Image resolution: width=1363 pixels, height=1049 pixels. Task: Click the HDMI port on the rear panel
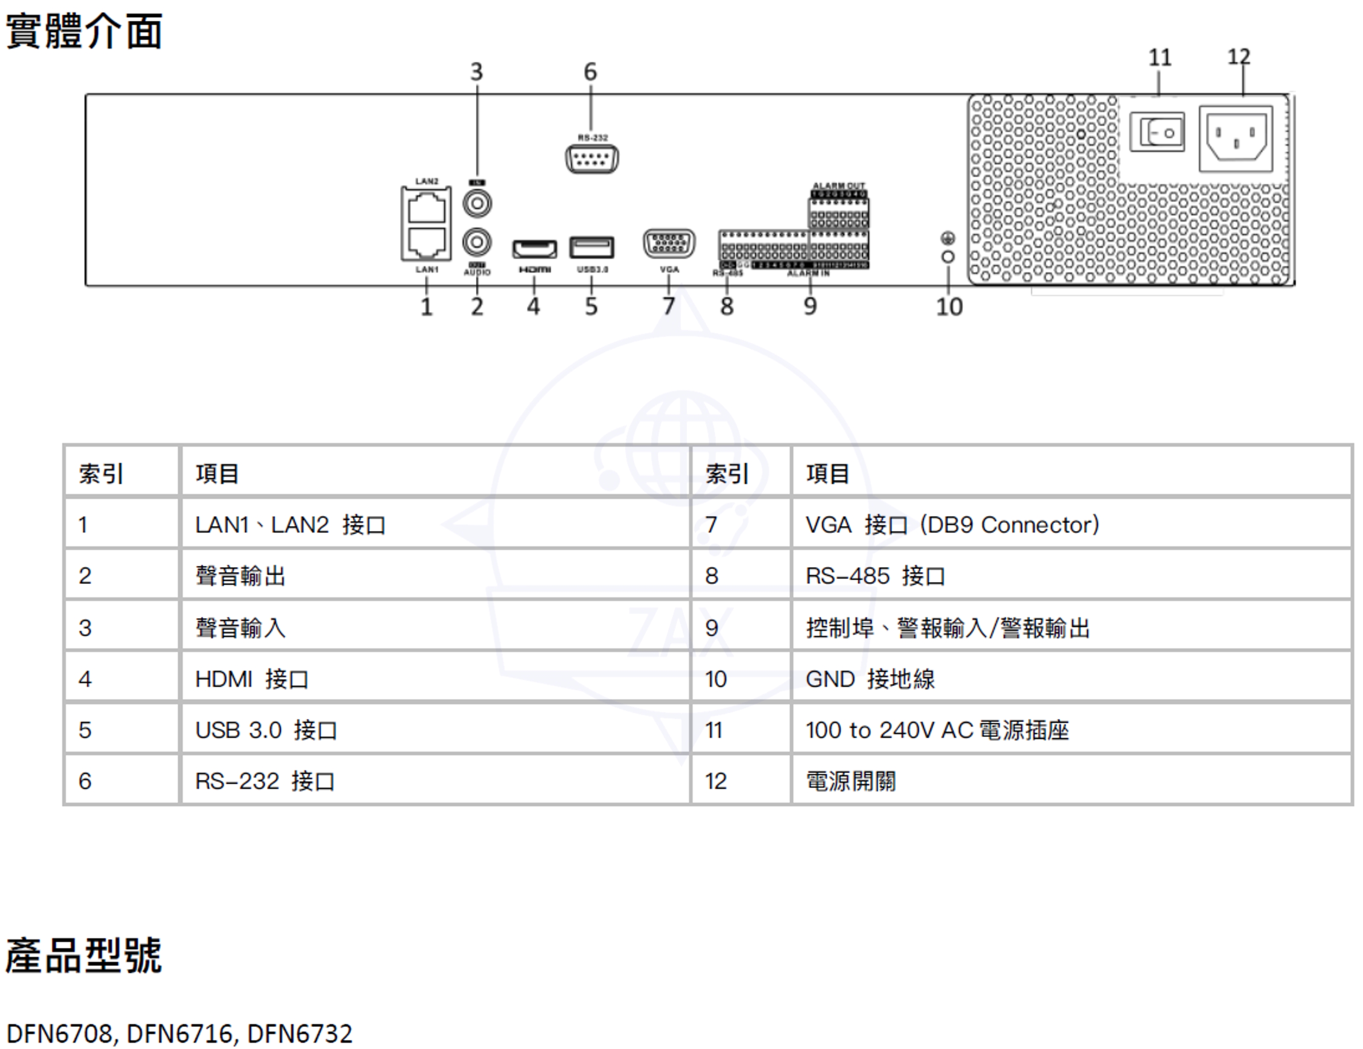pos(534,248)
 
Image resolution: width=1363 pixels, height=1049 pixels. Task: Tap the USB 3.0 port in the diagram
pos(591,247)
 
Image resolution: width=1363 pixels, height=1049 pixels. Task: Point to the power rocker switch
pos(1157,132)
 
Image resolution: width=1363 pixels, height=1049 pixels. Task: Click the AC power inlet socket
pos(1236,138)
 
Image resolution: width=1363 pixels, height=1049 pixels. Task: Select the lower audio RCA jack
pos(477,242)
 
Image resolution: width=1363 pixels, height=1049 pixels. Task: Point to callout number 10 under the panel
pos(949,306)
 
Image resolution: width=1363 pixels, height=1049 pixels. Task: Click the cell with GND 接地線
pos(870,679)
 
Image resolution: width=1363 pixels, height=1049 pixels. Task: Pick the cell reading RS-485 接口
pos(875,576)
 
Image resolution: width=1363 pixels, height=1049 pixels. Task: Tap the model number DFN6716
pos(180,1033)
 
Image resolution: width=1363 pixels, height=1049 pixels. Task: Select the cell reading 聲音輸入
pos(240,628)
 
